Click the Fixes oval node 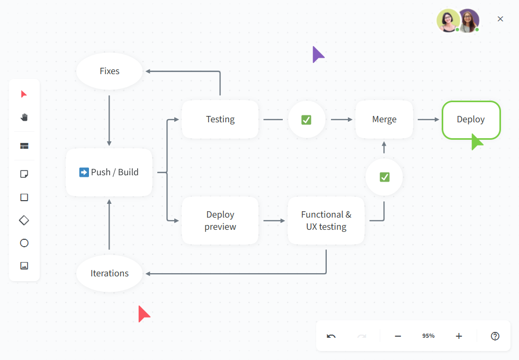click(x=110, y=71)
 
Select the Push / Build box click(x=109, y=173)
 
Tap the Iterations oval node click(x=110, y=273)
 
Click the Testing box click(x=220, y=120)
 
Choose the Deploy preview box click(x=220, y=221)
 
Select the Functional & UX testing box click(x=326, y=221)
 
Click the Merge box click(x=384, y=120)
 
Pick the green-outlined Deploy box click(x=470, y=120)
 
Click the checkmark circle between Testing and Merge click(x=307, y=120)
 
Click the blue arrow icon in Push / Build click(x=84, y=173)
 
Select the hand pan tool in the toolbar click(x=24, y=117)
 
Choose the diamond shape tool click(x=24, y=220)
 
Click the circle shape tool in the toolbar click(x=24, y=243)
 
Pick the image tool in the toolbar click(x=24, y=266)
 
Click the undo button click(x=332, y=336)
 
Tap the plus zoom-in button click(x=459, y=336)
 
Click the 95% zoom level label click(x=428, y=336)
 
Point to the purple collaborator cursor click(x=317, y=54)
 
